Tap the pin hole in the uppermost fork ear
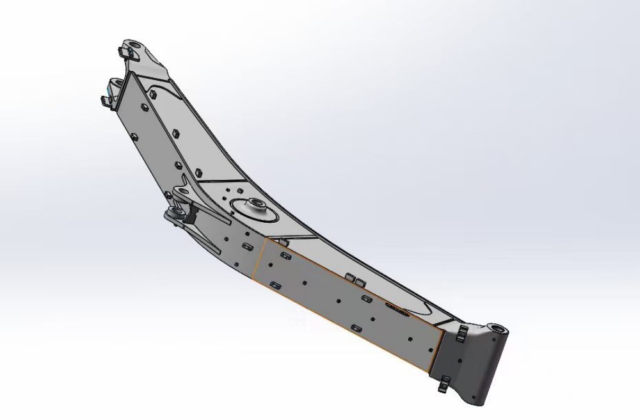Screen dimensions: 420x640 [132, 48]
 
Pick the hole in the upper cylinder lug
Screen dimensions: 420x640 [182, 191]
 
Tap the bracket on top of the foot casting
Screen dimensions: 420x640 [460, 333]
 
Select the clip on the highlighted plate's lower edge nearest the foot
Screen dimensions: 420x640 [356, 328]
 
